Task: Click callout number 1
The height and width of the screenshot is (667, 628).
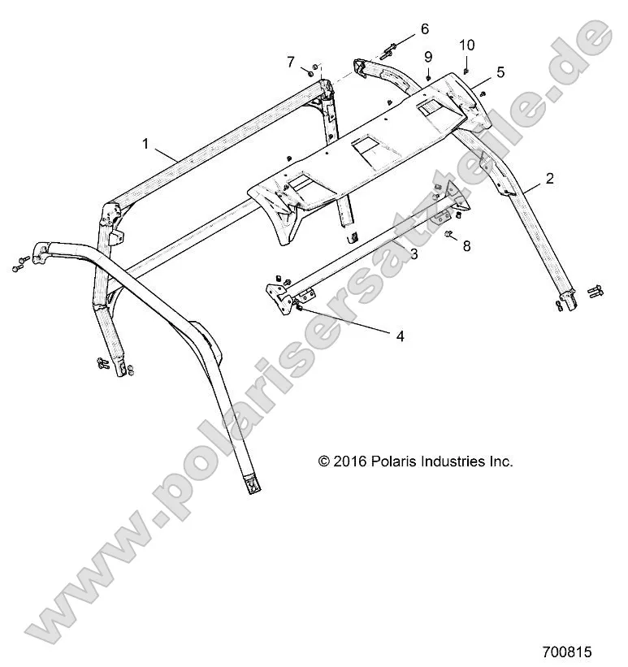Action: (146, 144)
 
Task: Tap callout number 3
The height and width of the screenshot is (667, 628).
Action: (414, 254)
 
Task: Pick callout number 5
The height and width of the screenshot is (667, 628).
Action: (500, 72)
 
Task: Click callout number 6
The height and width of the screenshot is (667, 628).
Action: (424, 29)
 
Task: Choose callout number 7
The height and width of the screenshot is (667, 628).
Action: (290, 62)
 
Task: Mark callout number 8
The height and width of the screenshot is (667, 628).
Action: (466, 245)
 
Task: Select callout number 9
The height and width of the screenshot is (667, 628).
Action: (427, 56)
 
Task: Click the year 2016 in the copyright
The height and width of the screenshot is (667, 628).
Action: (351, 461)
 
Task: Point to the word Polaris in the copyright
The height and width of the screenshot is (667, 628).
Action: (393, 461)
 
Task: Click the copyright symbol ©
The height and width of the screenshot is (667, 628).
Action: (324, 461)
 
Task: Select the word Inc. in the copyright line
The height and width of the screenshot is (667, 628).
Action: (500, 461)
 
